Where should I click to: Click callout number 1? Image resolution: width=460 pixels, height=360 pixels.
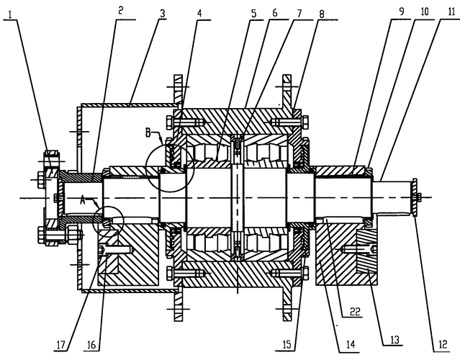pyautogui.click(x=10, y=14)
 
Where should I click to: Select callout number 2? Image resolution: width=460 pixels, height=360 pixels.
pyautogui.click(x=120, y=11)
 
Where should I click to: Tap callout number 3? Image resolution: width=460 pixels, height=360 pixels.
pyautogui.click(x=162, y=13)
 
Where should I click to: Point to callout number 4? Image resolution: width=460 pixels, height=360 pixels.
pyautogui.click(x=199, y=14)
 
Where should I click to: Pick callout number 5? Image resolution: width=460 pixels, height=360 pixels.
pyautogui.click(x=253, y=13)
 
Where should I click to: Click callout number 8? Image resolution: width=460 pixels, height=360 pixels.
pyautogui.click(x=322, y=14)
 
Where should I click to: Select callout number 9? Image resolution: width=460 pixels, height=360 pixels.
pyautogui.click(x=401, y=11)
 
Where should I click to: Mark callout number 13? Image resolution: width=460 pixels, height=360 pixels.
pyautogui.click(x=395, y=339)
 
